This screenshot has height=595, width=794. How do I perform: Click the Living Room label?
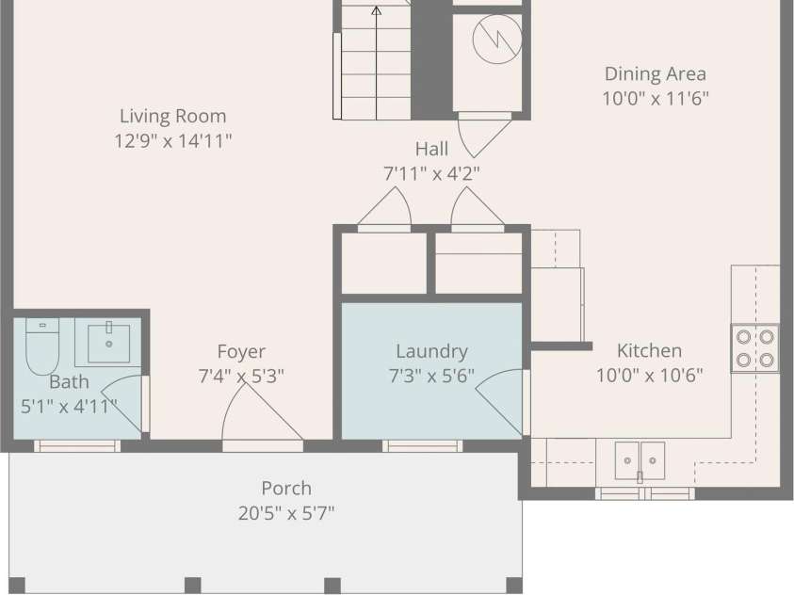click(x=172, y=116)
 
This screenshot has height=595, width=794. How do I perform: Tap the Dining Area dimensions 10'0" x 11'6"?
click(x=656, y=98)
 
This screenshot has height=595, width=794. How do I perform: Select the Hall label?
click(x=431, y=149)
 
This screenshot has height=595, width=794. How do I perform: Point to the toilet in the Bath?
click(x=42, y=346)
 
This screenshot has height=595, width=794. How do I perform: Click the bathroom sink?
click(x=108, y=343)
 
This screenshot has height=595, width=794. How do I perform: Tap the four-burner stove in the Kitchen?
click(x=755, y=348)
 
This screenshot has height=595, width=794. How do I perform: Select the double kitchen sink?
click(x=640, y=460)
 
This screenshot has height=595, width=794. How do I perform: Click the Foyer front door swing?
click(x=262, y=410)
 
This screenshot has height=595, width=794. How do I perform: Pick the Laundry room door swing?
click(x=499, y=402)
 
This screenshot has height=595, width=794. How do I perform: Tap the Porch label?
click(x=286, y=489)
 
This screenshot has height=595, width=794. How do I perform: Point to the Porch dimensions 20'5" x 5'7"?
click(x=286, y=513)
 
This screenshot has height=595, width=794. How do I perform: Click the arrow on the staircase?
click(x=376, y=63)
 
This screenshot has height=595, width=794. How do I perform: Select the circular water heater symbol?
click(x=497, y=39)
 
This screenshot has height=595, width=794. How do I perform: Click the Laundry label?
click(x=431, y=351)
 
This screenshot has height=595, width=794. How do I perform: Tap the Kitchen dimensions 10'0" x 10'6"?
click(x=649, y=376)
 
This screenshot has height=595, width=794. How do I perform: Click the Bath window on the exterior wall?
click(x=77, y=445)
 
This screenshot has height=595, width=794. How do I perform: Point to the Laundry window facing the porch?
click(x=422, y=445)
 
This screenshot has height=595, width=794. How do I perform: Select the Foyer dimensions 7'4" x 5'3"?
click(x=241, y=376)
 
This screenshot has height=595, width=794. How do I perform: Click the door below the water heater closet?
click(x=485, y=135)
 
